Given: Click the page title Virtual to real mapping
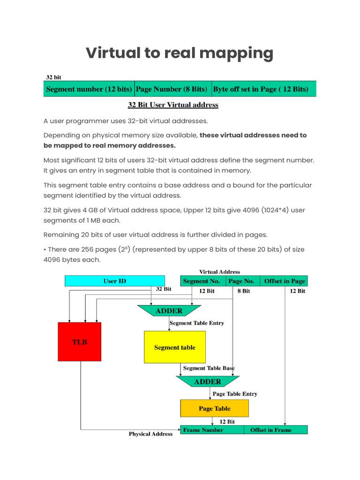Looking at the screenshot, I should tap(180, 53).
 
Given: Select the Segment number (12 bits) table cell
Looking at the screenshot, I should tap(89, 89).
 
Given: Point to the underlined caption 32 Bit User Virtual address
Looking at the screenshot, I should tap(173, 105).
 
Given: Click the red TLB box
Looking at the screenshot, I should tap(79, 342).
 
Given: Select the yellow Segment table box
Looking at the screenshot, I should tap(174, 347).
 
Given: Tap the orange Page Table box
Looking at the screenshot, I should tap(214, 408).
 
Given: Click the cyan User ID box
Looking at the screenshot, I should tap(114, 281).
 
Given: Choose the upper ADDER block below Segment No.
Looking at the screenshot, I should tap(169, 311).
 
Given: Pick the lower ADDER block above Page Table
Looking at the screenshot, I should tap(208, 382).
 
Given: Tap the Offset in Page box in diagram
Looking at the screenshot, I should tap(284, 281).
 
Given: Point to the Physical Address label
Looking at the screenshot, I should tap(150, 434).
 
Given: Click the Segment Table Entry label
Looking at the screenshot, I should tap(196, 323).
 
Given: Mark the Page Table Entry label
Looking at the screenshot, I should tap(235, 394).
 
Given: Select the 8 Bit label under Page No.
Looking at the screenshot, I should tap(243, 291).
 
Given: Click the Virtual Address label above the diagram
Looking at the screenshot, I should tap(219, 272).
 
